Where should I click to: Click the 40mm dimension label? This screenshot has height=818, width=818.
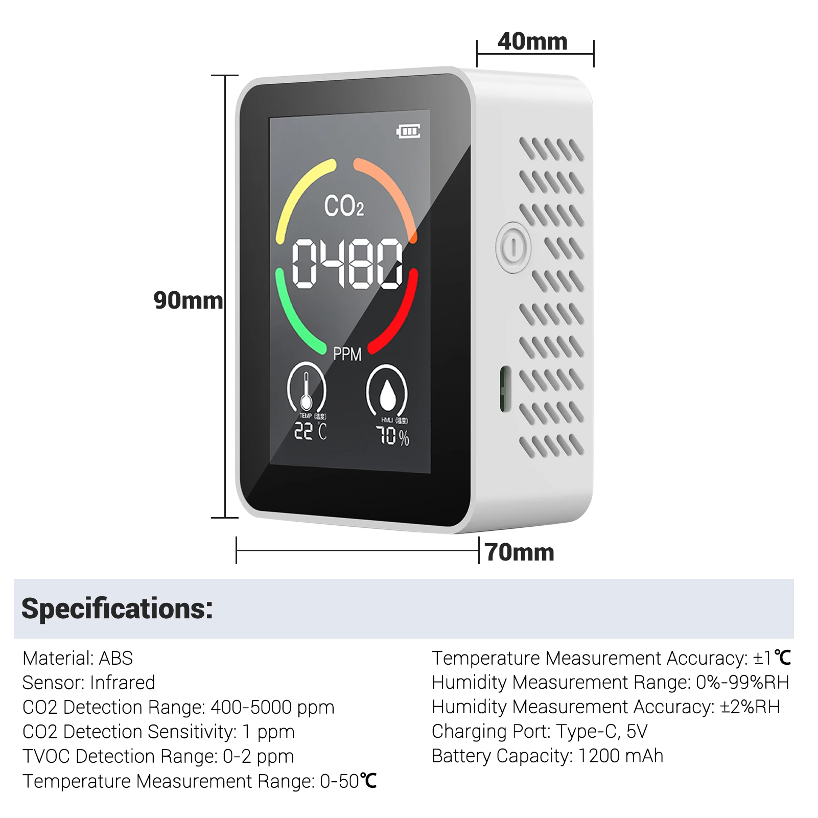532,42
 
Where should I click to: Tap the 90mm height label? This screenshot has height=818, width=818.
188,300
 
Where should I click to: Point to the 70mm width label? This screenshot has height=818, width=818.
520,552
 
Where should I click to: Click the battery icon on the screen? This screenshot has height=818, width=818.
409,131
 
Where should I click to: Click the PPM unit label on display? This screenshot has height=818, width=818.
347,354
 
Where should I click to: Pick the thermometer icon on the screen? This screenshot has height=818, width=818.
306,388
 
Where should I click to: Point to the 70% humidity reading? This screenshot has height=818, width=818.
392,436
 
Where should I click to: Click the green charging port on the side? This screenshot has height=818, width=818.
505,389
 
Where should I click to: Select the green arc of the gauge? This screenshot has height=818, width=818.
294,317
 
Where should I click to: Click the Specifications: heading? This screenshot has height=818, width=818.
117,609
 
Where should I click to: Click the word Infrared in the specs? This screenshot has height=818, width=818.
122,683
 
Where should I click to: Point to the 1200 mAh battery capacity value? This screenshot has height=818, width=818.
620,756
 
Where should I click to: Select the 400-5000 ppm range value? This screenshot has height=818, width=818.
272,708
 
